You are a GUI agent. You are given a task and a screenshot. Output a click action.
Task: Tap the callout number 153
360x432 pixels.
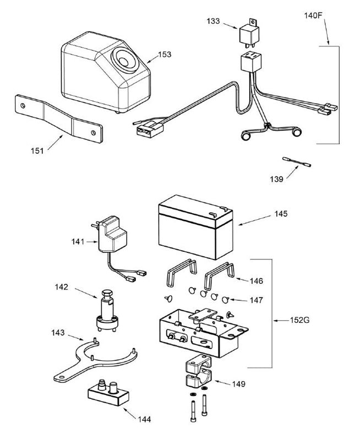165,55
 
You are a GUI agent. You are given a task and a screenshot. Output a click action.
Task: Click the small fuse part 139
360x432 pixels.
296,161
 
